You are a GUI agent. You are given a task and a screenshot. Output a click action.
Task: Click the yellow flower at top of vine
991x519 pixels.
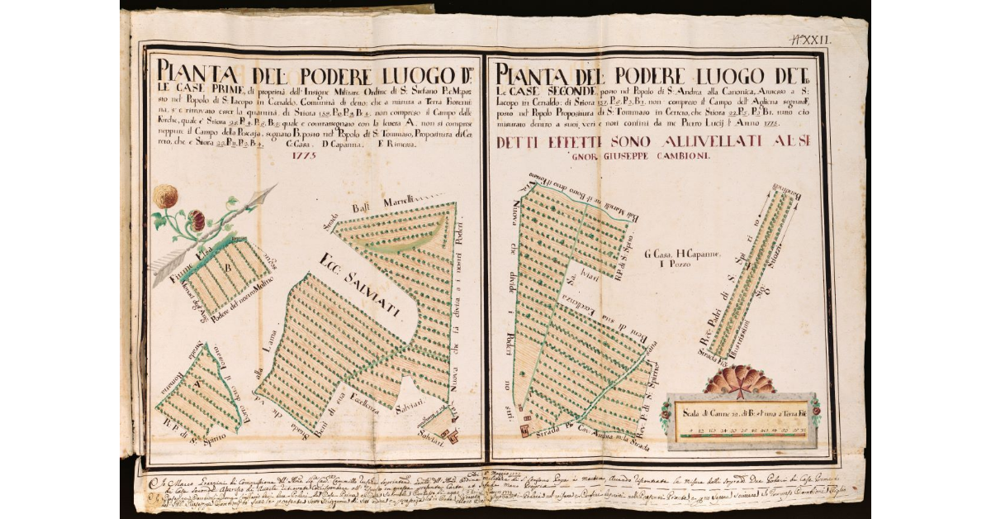pyautogui.click(x=165, y=196)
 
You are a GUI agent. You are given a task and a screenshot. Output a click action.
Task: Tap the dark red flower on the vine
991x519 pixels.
pyautogui.click(x=197, y=220)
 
